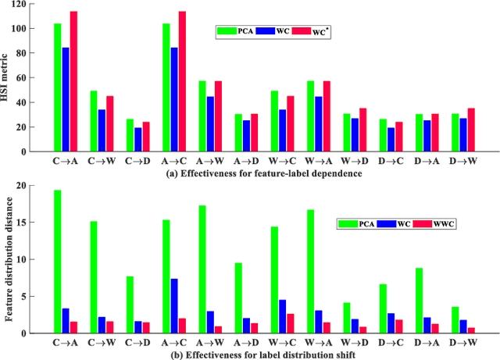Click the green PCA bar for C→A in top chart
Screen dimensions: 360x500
pos(58,87)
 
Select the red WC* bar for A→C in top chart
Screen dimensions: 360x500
pos(183,81)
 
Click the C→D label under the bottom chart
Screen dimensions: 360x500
pos(138,341)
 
